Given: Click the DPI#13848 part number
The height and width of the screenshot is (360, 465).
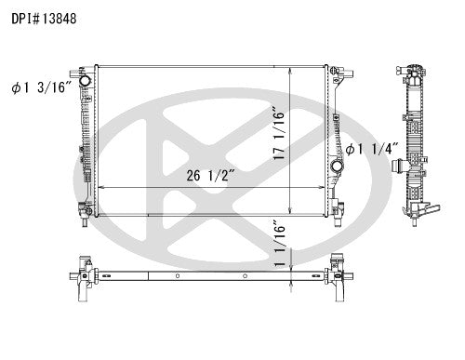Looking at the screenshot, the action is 44,19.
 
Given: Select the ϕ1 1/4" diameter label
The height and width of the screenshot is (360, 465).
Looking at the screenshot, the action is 372,149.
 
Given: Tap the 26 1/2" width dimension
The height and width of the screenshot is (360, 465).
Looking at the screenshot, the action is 210,176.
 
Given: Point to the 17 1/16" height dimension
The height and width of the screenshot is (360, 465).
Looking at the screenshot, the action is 279,134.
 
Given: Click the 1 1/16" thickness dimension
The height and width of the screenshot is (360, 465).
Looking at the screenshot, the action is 279,244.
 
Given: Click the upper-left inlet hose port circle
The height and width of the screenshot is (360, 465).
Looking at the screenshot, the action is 85,81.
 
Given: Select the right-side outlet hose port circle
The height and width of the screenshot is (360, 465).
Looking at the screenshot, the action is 337,166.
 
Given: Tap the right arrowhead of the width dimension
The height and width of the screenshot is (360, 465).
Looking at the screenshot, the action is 321,187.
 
